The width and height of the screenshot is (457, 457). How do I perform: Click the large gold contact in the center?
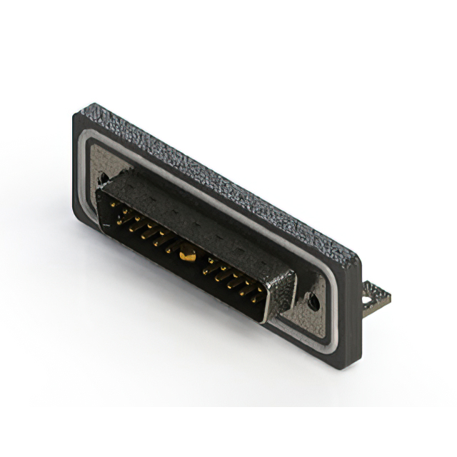point(188,251)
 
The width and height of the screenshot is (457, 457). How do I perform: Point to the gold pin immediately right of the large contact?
point(209,268)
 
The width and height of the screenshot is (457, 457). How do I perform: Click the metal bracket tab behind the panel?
point(376,295)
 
